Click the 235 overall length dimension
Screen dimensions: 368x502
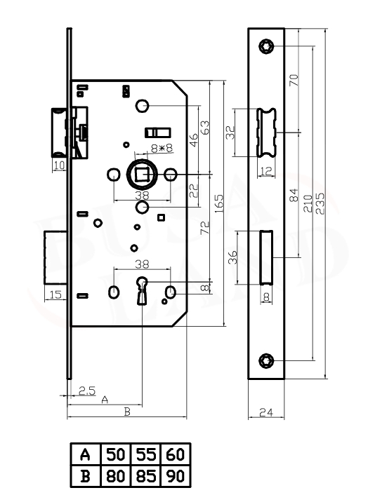320,203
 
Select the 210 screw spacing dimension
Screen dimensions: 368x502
308,203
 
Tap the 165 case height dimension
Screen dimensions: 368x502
218,203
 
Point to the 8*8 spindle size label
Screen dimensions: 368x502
162,148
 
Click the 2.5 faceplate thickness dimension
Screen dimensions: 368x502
87,391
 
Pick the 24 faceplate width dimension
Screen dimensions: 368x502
266,412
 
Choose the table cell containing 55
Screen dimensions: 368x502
146,454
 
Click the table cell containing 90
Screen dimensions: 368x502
176,476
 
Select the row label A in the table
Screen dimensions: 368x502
85,454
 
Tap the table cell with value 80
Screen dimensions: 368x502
116,476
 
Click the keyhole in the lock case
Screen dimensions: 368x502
142,291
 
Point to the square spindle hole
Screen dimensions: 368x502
142,175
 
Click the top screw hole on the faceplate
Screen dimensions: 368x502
266,46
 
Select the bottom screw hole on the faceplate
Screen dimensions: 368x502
266,361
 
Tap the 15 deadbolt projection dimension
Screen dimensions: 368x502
55,294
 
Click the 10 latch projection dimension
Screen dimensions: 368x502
60,165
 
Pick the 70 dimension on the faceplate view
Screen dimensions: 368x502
294,80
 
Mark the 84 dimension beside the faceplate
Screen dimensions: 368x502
294,196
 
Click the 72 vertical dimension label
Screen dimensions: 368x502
204,228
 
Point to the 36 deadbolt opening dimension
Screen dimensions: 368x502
232,257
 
